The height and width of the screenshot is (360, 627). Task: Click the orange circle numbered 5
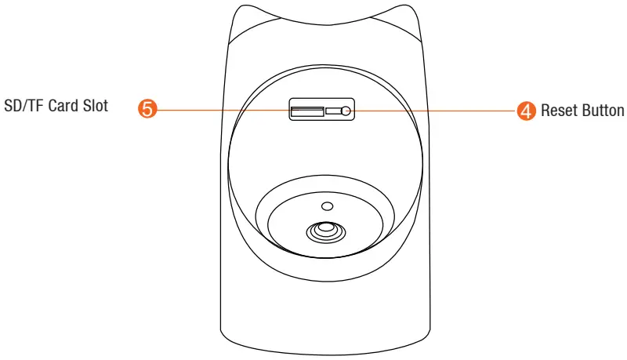(x=147, y=110)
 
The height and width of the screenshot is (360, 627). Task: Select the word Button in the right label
(x=601, y=110)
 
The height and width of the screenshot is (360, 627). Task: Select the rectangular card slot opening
(x=306, y=111)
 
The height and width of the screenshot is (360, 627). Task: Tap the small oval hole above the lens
(x=328, y=205)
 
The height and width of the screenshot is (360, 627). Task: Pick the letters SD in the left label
(x=11, y=107)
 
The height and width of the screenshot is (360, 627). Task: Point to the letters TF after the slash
(x=36, y=107)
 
